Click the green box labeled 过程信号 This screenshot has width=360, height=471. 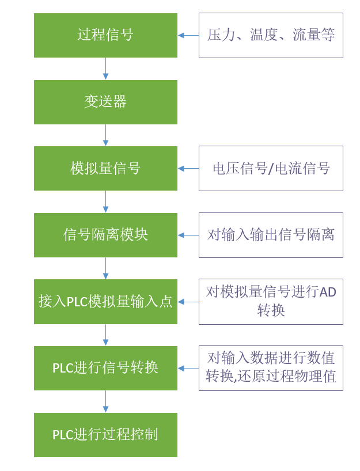pos(105,35)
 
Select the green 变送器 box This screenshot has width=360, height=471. pos(105,102)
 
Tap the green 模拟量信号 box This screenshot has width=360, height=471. pos(105,168)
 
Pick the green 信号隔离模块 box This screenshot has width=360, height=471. pos(105,235)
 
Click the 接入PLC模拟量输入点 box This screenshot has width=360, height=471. pos(105,302)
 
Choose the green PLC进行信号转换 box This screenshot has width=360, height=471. pos(105,368)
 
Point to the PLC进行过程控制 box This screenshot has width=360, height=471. pos(105,435)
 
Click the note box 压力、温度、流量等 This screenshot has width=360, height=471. pos(271,35)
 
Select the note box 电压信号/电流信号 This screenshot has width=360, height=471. pos(271,168)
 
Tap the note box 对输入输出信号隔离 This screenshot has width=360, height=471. pos(271,235)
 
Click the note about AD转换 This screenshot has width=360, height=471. pos(271,302)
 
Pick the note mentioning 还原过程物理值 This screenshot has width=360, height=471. pos(271,368)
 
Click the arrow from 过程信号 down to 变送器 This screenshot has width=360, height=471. pos(105,69)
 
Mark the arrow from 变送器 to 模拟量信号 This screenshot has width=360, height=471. pos(105,135)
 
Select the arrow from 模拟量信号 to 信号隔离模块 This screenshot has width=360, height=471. pos(105,202)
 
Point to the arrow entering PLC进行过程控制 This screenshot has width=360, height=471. pos(105,401)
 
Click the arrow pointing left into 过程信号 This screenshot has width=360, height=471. pos(188,35)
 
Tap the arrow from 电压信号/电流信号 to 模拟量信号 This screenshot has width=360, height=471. pos(188,168)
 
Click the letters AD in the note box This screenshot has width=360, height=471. pos(328,293)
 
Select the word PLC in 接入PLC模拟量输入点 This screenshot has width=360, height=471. pos(77,302)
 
